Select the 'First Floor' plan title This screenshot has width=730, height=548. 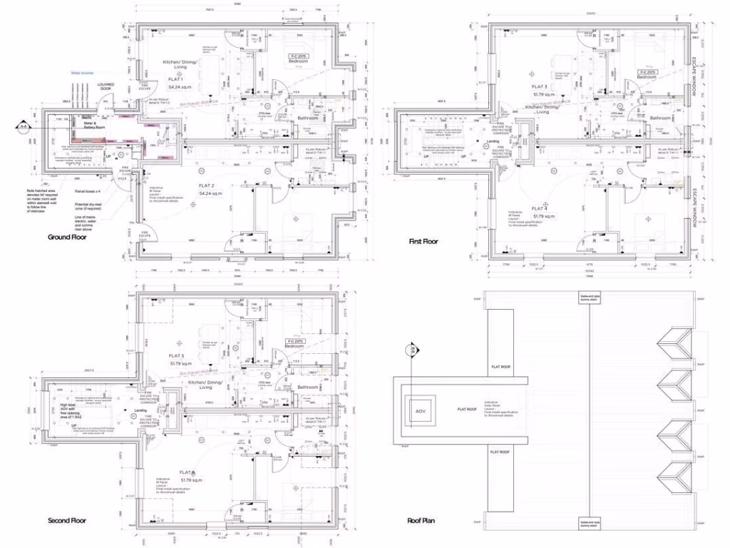(x=423, y=241)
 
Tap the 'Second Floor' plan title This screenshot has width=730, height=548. (x=67, y=521)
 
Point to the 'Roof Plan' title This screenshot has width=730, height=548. (x=421, y=521)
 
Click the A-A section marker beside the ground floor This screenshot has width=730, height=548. (x=24, y=127)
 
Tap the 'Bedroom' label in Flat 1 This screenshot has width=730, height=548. (x=298, y=62)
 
